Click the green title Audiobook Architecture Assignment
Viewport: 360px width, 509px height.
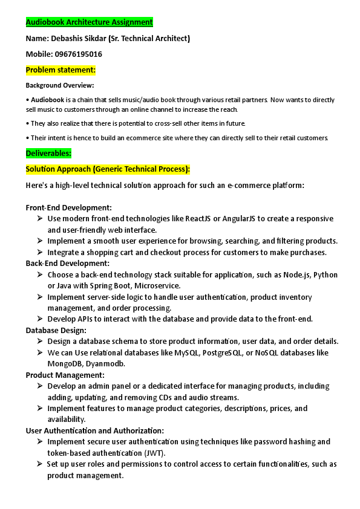[89, 22]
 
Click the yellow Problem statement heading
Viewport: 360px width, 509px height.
[61, 70]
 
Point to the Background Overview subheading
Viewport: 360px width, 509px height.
[59, 86]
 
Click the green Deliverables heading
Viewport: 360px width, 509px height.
[48, 153]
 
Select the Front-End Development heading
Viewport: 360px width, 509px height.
[68, 207]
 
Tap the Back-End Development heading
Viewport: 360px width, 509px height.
[67, 263]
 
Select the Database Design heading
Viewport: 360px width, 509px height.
[56, 330]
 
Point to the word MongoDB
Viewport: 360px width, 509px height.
[68, 364]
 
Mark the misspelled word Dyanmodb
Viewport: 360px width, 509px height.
[108, 364]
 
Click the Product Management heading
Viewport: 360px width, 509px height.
[65, 375]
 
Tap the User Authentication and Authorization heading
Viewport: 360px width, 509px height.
[94, 430]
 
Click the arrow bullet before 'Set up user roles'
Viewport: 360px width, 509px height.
[39, 464]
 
